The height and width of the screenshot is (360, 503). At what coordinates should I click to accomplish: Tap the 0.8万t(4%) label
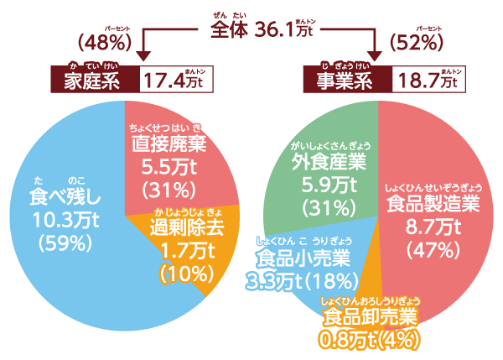tap(369, 340)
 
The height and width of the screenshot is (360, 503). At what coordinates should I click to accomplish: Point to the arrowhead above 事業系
tap(374, 57)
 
